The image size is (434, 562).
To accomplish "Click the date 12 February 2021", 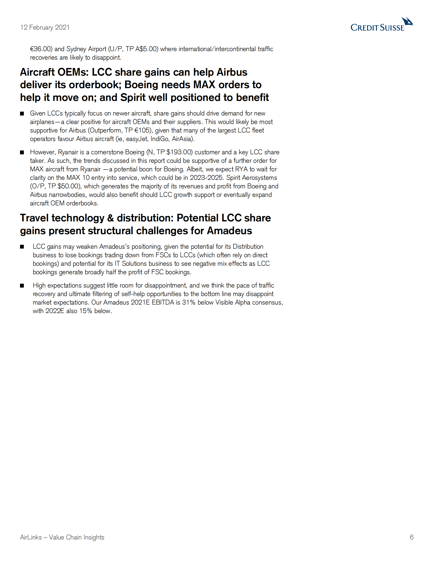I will pyautogui.click(x=45, y=27).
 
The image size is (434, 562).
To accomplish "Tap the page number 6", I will pyautogui.click(x=412, y=537).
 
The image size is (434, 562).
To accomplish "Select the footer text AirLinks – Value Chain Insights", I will pyautogui.click(x=62, y=537).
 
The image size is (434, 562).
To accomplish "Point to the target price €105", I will pyautogui.click(x=142, y=130).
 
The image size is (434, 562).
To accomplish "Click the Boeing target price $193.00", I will pyautogui.click(x=179, y=152).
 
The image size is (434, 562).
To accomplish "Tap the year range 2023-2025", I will pyautogui.click(x=206, y=178).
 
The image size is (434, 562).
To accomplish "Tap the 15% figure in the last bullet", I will pyautogui.click(x=86, y=311).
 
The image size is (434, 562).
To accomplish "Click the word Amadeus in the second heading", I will pyautogui.click(x=229, y=231).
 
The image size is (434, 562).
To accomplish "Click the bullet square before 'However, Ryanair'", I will pyautogui.click(x=22, y=152).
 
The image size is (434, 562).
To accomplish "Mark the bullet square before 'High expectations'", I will pyautogui.click(x=22, y=286).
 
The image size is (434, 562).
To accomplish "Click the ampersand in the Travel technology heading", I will pyautogui.click(x=111, y=218).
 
